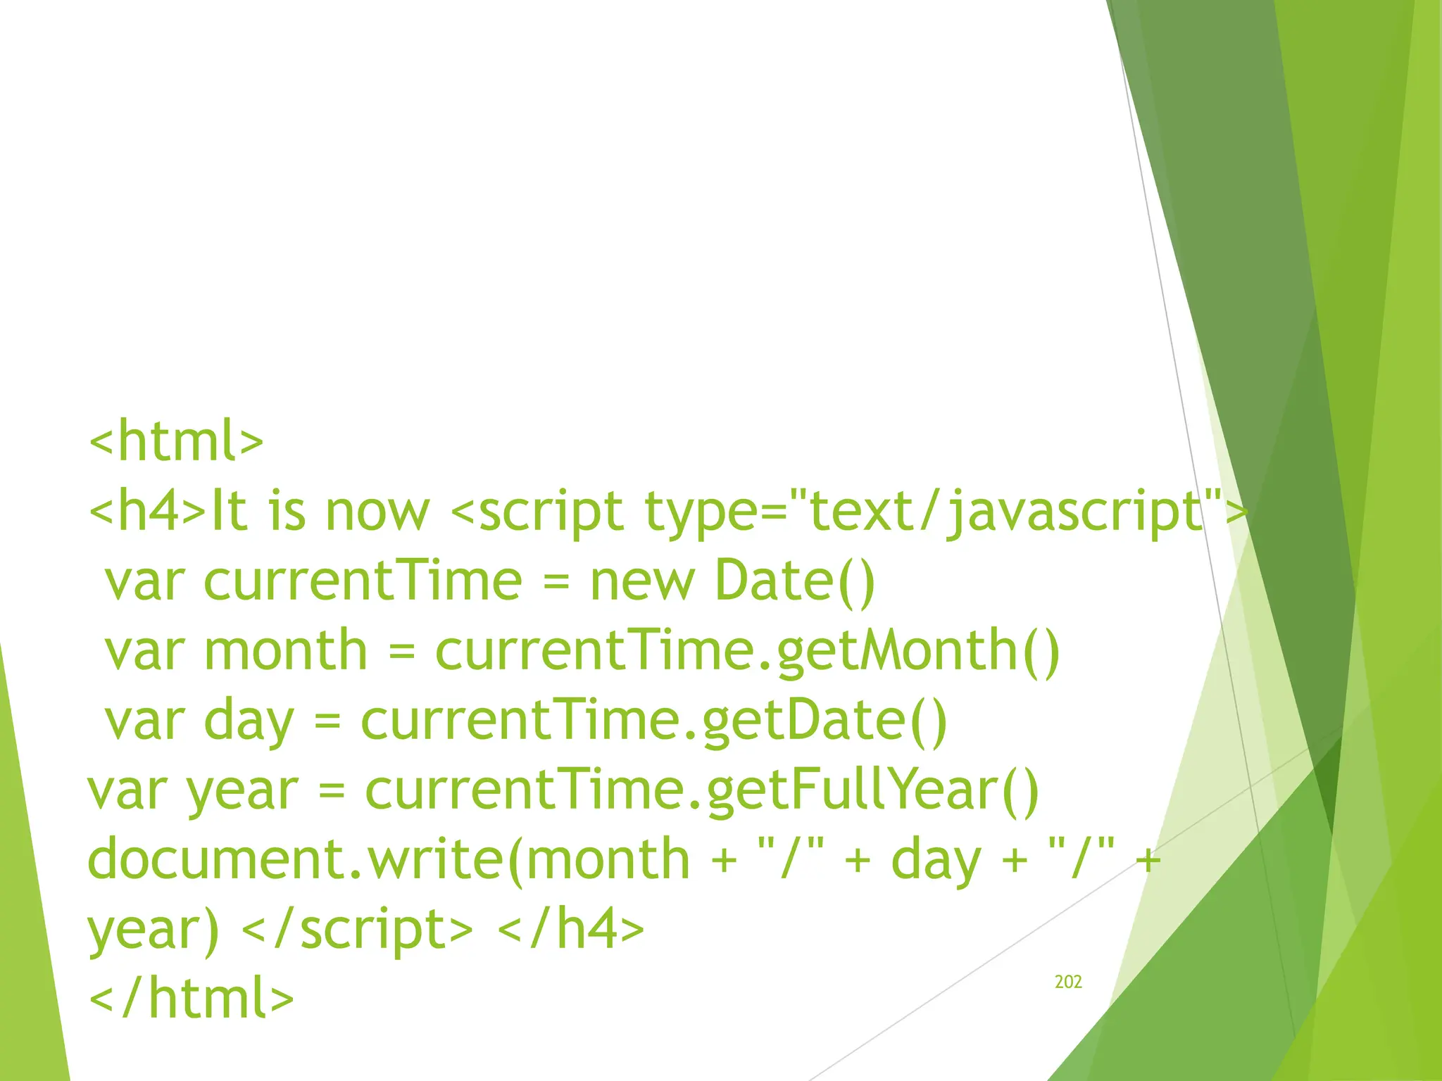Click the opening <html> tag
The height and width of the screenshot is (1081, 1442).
176,441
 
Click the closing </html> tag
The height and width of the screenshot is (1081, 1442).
191,998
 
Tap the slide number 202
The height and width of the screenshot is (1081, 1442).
1067,982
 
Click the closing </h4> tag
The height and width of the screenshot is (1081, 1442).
570,929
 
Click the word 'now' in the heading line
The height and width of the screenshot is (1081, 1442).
377,511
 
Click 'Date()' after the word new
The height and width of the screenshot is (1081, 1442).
794,581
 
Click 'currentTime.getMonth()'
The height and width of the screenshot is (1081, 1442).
747,651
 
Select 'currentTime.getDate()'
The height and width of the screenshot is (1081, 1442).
654,721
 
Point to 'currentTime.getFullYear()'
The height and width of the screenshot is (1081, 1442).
701,790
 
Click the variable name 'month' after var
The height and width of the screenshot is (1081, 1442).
285,651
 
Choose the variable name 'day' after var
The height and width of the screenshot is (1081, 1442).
248,721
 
